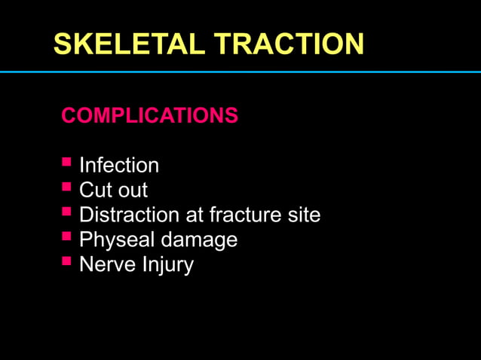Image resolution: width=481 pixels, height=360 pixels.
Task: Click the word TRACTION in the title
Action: click(289, 44)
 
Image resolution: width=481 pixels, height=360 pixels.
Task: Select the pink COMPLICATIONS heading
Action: click(149, 116)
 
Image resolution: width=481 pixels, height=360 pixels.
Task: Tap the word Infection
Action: click(119, 165)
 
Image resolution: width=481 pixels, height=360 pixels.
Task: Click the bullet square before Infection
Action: click(66, 162)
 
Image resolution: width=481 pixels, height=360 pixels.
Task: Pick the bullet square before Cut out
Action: click(66, 187)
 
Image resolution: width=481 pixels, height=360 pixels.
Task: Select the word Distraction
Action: click(130, 215)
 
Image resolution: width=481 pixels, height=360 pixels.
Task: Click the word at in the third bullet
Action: click(195, 215)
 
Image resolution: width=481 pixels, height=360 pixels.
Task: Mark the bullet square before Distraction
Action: click(66, 212)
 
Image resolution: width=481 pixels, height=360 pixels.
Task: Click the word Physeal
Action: click(116, 240)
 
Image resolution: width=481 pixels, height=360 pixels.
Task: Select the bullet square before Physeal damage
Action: click(66, 237)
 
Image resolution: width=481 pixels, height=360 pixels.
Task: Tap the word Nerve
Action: click(105, 265)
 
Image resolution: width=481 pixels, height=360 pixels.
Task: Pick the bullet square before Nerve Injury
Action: click(66, 262)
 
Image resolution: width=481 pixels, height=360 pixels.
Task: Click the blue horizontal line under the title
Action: click(240, 72)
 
